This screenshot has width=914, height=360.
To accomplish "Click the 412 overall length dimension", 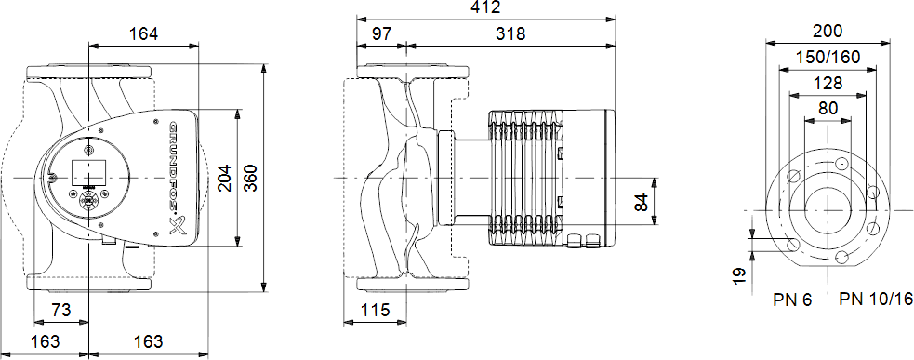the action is (485, 7).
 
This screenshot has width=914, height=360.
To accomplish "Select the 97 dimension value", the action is (382, 33).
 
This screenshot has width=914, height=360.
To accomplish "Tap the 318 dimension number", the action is (510, 33).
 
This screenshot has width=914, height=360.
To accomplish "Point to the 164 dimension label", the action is (143, 33).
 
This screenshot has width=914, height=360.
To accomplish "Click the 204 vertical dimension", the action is (224, 178).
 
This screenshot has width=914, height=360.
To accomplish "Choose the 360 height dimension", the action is (250, 178).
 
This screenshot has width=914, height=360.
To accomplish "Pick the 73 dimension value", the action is (61, 310).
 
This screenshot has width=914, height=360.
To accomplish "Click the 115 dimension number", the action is (375, 310).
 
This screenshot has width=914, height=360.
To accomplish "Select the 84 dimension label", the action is (641, 203).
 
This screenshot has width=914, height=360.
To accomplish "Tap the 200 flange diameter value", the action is (828, 31).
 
